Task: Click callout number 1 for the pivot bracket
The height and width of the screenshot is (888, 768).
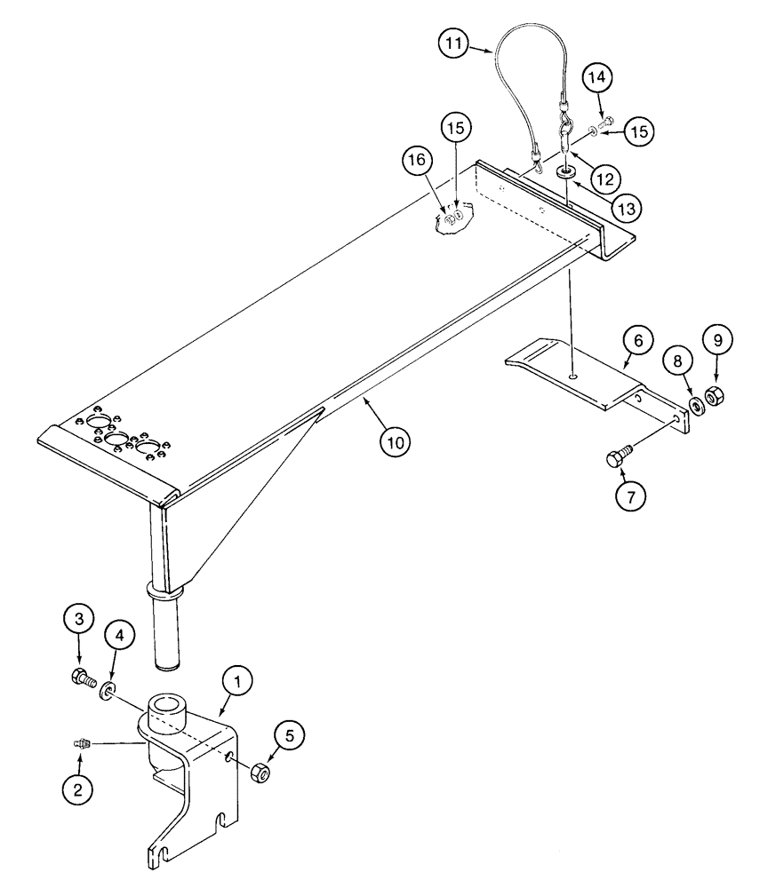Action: pyautogui.click(x=236, y=682)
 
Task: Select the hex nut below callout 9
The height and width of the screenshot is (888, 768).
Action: pyautogui.click(x=715, y=395)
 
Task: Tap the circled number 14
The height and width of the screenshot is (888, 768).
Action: pyautogui.click(x=597, y=78)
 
